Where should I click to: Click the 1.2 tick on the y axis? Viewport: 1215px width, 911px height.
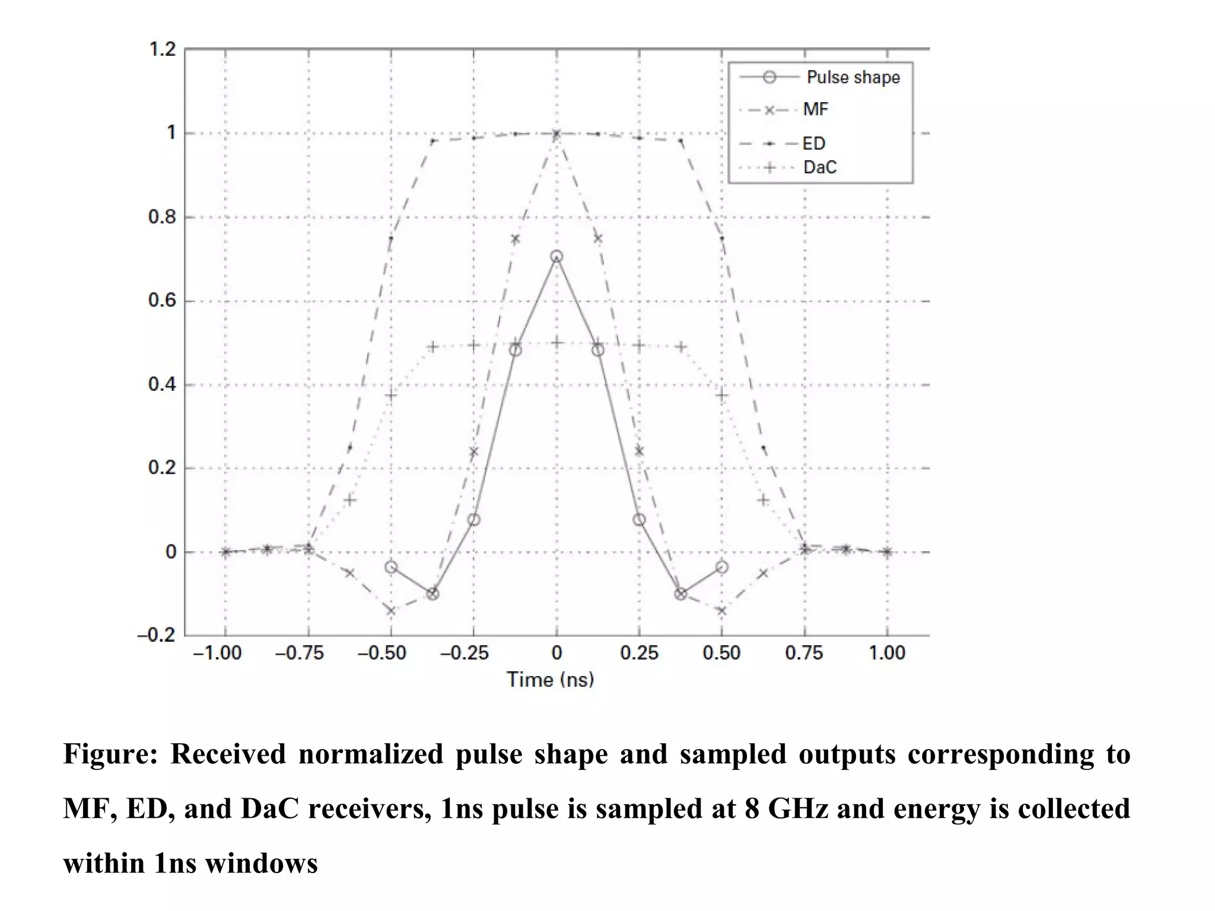162,49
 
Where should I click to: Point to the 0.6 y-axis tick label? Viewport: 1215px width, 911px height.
162,301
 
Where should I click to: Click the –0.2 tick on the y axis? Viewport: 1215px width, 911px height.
157,636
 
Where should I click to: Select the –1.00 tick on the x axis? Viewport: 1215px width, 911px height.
217,653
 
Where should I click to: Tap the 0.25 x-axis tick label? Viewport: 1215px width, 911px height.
639,653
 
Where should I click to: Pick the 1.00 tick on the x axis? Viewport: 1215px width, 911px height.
887,653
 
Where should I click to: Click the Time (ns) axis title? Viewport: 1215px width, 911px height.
550,680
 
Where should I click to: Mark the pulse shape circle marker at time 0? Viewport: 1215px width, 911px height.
556,257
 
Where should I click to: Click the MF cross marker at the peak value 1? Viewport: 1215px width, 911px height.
556,135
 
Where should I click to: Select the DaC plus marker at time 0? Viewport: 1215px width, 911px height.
556,342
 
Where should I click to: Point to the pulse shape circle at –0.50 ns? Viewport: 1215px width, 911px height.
391,567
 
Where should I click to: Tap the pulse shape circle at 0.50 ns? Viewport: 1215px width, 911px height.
721,567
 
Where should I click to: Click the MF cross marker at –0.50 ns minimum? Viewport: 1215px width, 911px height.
391,610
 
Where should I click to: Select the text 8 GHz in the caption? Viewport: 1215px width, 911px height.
786,809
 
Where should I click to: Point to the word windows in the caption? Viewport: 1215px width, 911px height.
261,864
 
